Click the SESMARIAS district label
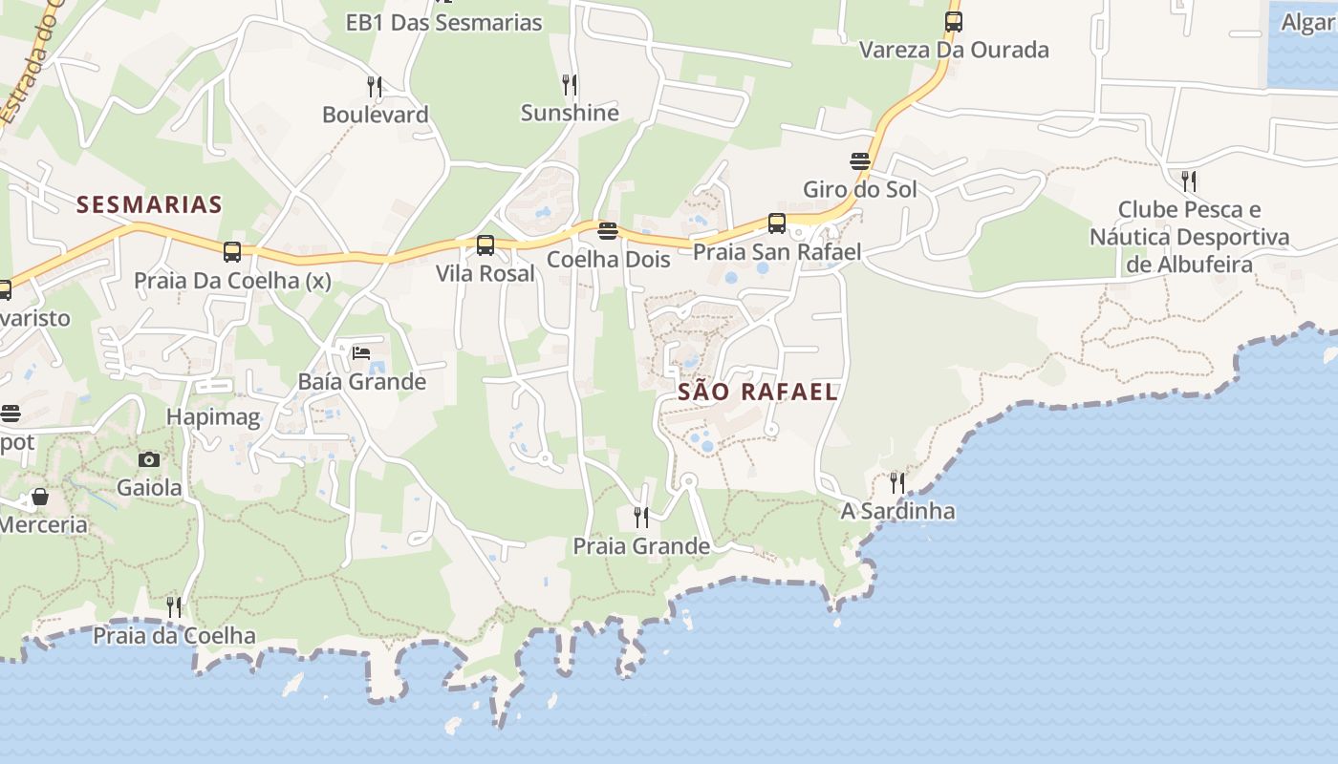pyautogui.click(x=149, y=204)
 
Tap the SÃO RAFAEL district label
pyautogui.click(x=758, y=392)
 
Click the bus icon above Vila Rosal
pyautogui.click(x=486, y=245)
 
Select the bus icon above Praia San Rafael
pyautogui.click(x=777, y=223)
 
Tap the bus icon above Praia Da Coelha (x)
pyautogui.click(x=232, y=252)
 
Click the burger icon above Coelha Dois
pyautogui.click(x=608, y=230)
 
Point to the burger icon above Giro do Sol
pyautogui.click(x=860, y=160)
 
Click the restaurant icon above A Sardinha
pyautogui.click(x=896, y=482)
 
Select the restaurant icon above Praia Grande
pyautogui.click(x=641, y=518)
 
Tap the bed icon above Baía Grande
pyautogui.click(x=361, y=353)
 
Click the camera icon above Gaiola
pyautogui.click(x=149, y=459)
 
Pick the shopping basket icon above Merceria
pyautogui.click(x=40, y=497)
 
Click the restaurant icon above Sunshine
pyautogui.click(x=570, y=85)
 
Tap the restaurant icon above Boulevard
pyautogui.click(x=375, y=87)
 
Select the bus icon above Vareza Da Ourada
pyautogui.click(x=953, y=22)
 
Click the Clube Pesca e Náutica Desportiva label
pyautogui.click(x=1190, y=237)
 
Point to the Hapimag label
pyautogui.click(x=213, y=417)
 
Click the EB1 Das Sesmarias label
pyautogui.click(x=444, y=23)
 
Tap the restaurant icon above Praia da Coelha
pyautogui.click(x=174, y=606)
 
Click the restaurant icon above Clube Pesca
pyautogui.click(x=1189, y=180)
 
